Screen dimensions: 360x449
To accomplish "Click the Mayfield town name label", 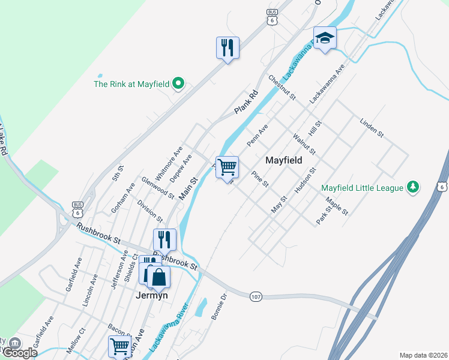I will click(287, 161).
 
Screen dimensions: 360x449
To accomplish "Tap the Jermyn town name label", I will click(151, 295).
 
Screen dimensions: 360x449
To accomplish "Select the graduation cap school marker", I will click(325, 38).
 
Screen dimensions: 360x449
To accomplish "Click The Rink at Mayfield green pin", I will click(178, 84).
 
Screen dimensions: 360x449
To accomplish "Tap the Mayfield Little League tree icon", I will click(412, 188).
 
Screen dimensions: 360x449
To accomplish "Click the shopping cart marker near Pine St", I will click(228, 167).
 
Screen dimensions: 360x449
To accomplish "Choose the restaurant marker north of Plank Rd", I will click(228, 48).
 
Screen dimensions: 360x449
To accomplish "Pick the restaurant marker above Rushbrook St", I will click(164, 239).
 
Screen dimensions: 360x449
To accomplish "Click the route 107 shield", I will click(256, 296).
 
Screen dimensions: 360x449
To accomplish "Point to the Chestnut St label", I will click(282, 88).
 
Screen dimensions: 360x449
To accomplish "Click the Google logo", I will click(20, 353).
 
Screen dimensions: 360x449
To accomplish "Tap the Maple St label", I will click(337, 206).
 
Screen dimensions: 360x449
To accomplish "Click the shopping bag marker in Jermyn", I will click(160, 278).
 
